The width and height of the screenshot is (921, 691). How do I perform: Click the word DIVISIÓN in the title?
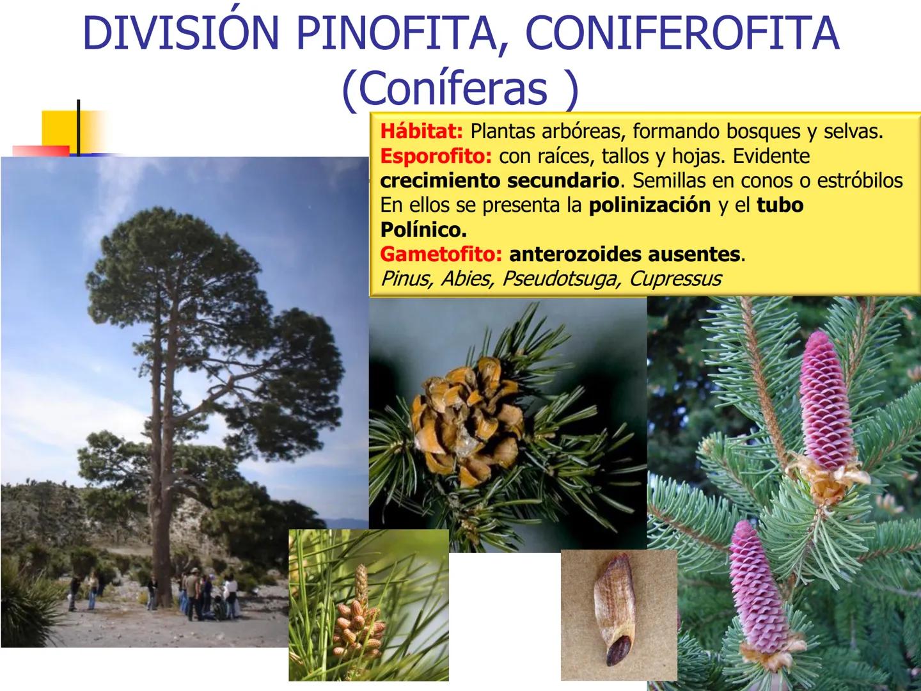pyautogui.click(x=181, y=33)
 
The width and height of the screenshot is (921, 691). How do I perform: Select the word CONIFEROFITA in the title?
pyautogui.click(x=682, y=33)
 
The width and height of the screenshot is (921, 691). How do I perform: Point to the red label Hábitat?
pyautogui.click(x=421, y=131)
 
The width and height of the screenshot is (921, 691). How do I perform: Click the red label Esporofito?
pyautogui.click(x=436, y=157)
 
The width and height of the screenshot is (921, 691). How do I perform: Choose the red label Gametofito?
pyautogui.click(x=441, y=254)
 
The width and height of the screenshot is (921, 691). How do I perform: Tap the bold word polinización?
pyautogui.click(x=650, y=205)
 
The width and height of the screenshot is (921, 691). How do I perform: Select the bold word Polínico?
pyautogui.click(x=423, y=230)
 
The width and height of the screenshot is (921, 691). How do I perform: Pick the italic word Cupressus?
pyautogui.click(x=675, y=279)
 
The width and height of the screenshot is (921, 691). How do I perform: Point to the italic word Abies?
pyautogui.click(x=466, y=279)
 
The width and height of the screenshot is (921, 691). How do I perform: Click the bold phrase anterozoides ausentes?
pyautogui.click(x=624, y=254)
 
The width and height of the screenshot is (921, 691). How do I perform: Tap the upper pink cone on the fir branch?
pyautogui.click(x=826, y=403)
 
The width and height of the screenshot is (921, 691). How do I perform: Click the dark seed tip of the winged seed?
pyautogui.click(x=618, y=650)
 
